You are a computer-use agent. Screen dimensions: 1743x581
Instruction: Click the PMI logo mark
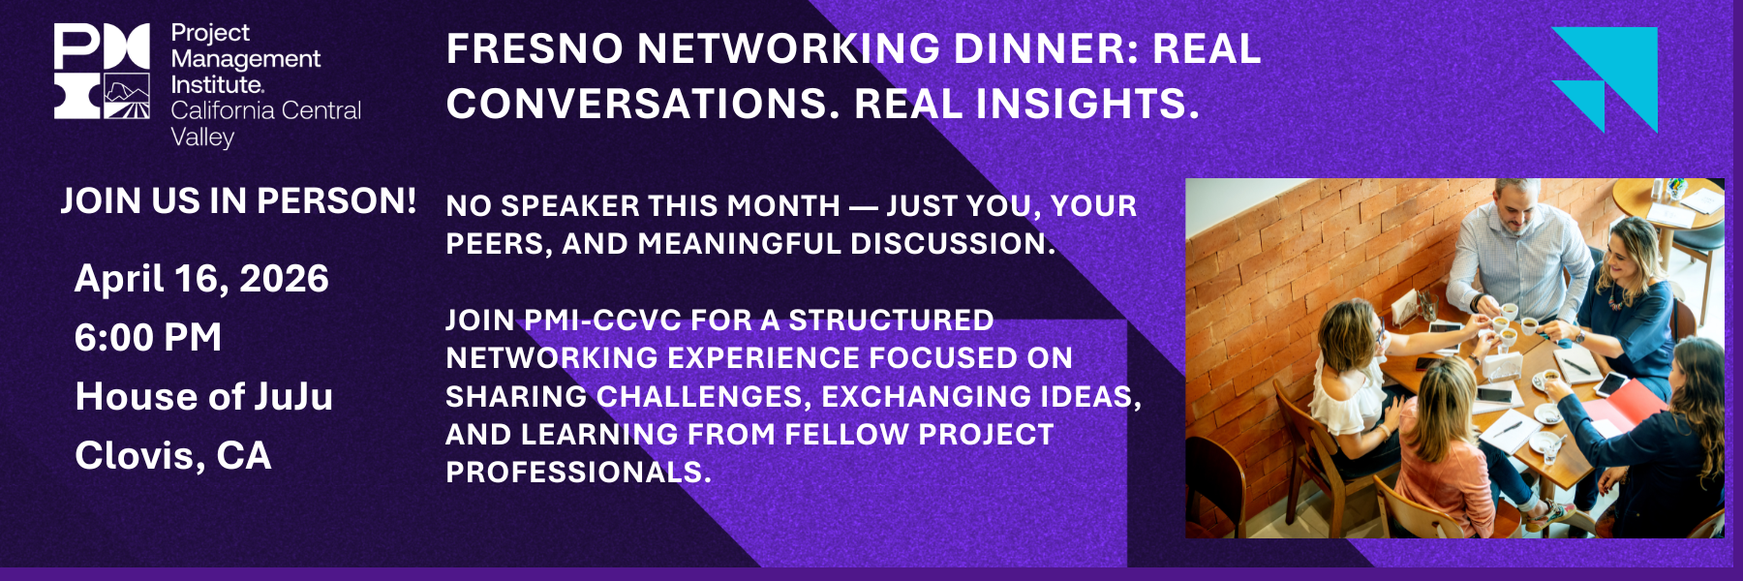tap(102, 72)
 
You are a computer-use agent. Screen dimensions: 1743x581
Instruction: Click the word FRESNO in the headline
tap(535, 48)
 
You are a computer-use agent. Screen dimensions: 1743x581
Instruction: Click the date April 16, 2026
tap(201, 279)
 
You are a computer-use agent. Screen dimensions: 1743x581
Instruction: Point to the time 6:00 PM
tap(148, 337)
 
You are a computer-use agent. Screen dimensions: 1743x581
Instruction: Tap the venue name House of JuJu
tap(204, 396)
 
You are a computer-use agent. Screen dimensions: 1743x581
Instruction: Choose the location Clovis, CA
tap(173, 455)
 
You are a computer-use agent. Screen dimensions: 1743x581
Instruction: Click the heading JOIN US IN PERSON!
tap(239, 200)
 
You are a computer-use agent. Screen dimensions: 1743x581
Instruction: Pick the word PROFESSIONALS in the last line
tap(578, 472)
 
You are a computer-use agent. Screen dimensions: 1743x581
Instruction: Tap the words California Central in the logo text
tap(266, 110)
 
